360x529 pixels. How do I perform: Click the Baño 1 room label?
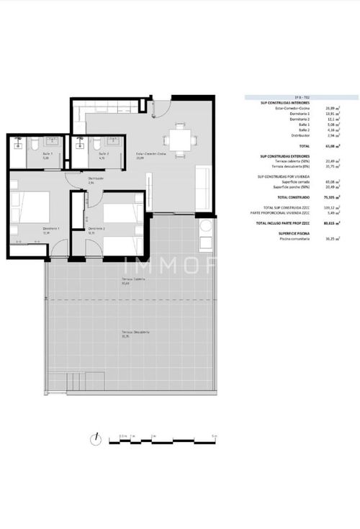point(45,154)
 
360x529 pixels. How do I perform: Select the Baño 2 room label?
point(102,154)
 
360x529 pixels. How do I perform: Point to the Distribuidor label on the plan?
point(95,178)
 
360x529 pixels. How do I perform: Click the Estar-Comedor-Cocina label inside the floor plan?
point(151,154)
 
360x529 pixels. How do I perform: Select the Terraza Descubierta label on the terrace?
point(135,332)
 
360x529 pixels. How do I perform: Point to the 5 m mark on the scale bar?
point(214,436)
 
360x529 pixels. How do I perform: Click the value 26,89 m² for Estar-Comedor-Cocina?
point(330,109)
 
